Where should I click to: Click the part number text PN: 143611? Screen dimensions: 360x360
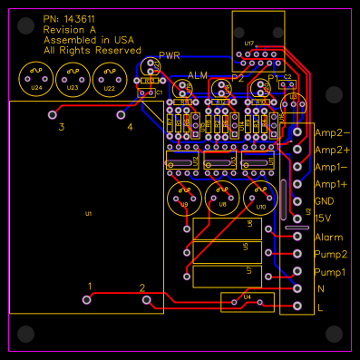(x=71, y=19)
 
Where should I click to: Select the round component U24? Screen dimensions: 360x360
(x=35, y=81)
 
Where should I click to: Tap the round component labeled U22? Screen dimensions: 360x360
(x=110, y=81)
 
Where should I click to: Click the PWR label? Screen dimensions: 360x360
(x=170, y=55)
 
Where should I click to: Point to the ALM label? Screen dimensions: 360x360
(x=198, y=74)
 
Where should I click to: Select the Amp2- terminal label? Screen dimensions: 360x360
(x=332, y=132)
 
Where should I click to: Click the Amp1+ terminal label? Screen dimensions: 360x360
(x=331, y=184)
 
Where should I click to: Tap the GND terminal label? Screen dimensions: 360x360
(x=325, y=201)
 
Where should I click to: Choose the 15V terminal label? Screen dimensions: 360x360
(x=323, y=219)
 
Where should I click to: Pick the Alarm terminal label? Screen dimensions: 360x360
(x=327, y=237)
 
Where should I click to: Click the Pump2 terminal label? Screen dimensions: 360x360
(x=330, y=255)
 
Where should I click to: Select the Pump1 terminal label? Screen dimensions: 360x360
(x=330, y=272)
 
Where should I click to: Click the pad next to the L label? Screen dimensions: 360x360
(x=297, y=306)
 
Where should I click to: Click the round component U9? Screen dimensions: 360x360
(x=184, y=199)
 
